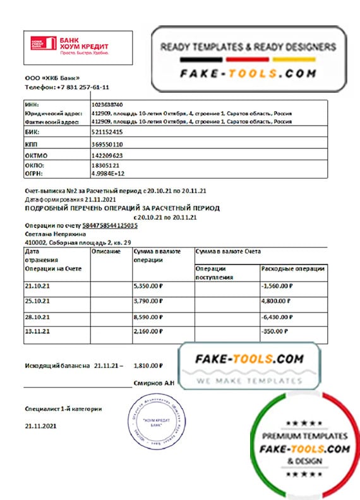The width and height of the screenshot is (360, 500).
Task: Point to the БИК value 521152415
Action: (x=107, y=132)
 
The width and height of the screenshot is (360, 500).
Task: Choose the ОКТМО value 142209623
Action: (x=107, y=155)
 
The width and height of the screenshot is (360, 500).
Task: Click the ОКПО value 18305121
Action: (x=105, y=165)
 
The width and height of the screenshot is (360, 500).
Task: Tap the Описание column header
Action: (x=107, y=251)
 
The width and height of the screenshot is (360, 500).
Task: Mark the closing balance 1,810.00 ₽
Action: (x=148, y=365)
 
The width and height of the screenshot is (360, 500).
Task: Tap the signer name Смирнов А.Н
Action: (x=155, y=383)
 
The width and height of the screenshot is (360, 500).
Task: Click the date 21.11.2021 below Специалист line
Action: (x=41, y=426)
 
